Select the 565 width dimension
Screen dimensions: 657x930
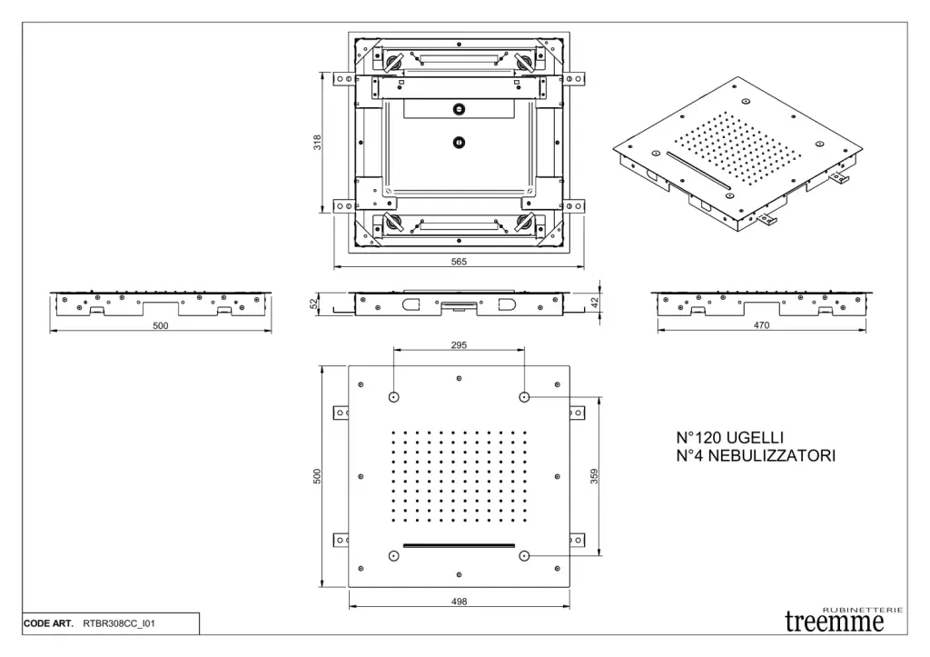coord(460,261)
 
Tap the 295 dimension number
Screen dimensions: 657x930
coord(459,345)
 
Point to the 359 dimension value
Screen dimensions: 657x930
coord(594,475)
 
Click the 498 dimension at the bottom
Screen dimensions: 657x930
coord(460,602)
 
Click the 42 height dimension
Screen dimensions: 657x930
coord(594,302)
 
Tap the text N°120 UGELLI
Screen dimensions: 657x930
coord(730,438)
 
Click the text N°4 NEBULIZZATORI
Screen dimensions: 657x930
coord(756,455)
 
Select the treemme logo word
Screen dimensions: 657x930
coord(834,622)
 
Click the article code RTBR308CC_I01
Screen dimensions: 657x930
coord(118,624)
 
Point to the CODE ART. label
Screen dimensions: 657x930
coord(49,624)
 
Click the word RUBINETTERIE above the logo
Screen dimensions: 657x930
coord(863,609)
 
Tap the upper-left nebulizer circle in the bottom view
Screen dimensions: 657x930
coord(394,397)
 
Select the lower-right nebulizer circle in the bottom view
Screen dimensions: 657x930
coord(524,555)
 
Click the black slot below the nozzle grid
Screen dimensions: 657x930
coord(459,545)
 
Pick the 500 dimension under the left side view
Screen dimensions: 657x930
coord(160,325)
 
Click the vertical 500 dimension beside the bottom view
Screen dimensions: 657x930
coord(317,475)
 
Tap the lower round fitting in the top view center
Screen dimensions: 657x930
coord(460,142)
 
